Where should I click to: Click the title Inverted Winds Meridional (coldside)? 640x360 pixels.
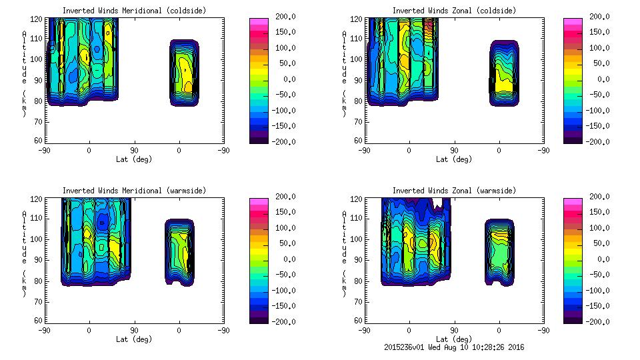(134, 11)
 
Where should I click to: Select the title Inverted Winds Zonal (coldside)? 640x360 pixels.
(454, 11)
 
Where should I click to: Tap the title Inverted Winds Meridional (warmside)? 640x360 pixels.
(134, 191)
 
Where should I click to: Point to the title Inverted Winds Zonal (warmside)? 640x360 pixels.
(454, 191)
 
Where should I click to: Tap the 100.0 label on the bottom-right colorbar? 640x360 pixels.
(597, 228)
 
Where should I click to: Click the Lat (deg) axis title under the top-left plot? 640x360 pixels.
(134, 159)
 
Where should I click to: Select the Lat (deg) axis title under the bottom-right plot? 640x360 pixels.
(454, 339)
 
